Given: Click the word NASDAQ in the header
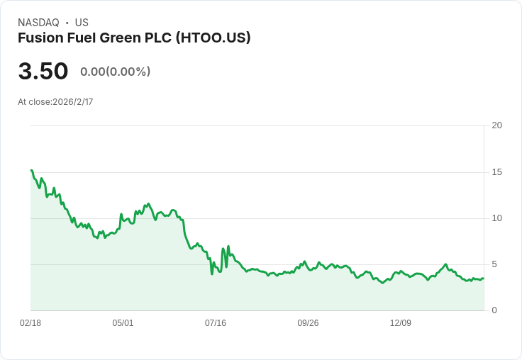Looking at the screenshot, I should (38, 23).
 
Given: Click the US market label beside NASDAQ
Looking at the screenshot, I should (82, 23).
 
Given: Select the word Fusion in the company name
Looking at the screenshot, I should (39, 38).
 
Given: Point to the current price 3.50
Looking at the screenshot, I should (43, 72).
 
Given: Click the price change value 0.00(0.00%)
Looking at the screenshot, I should (115, 72).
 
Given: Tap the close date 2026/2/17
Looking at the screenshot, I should (72, 102).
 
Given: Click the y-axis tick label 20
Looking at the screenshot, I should (496, 125).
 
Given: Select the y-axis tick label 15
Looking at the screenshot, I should (496, 172).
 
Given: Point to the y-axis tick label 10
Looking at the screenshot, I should (496, 218).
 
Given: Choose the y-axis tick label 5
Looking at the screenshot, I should (494, 264).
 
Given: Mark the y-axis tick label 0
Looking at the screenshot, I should (494, 310).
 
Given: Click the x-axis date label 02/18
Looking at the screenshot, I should (30, 323).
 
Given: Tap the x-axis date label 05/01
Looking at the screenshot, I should (123, 323).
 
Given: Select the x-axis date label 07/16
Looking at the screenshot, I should (216, 323).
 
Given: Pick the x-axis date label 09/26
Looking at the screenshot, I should (308, 323).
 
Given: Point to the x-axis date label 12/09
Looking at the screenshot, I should (401, 323).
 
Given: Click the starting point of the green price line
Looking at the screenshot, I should (31, 170).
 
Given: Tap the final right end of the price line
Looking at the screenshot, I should (483, 279).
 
